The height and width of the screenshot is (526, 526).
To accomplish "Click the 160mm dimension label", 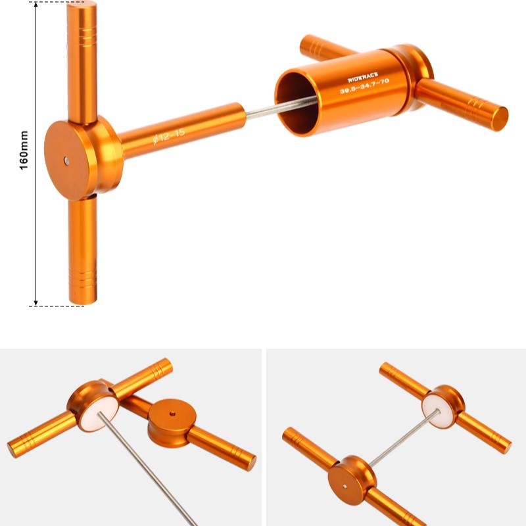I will (24, 153).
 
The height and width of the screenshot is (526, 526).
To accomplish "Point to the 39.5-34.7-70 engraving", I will (364, 89).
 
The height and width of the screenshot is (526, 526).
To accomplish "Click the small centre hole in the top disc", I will (67, 159).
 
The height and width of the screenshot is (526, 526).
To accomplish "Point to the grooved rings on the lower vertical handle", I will (82, 279).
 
